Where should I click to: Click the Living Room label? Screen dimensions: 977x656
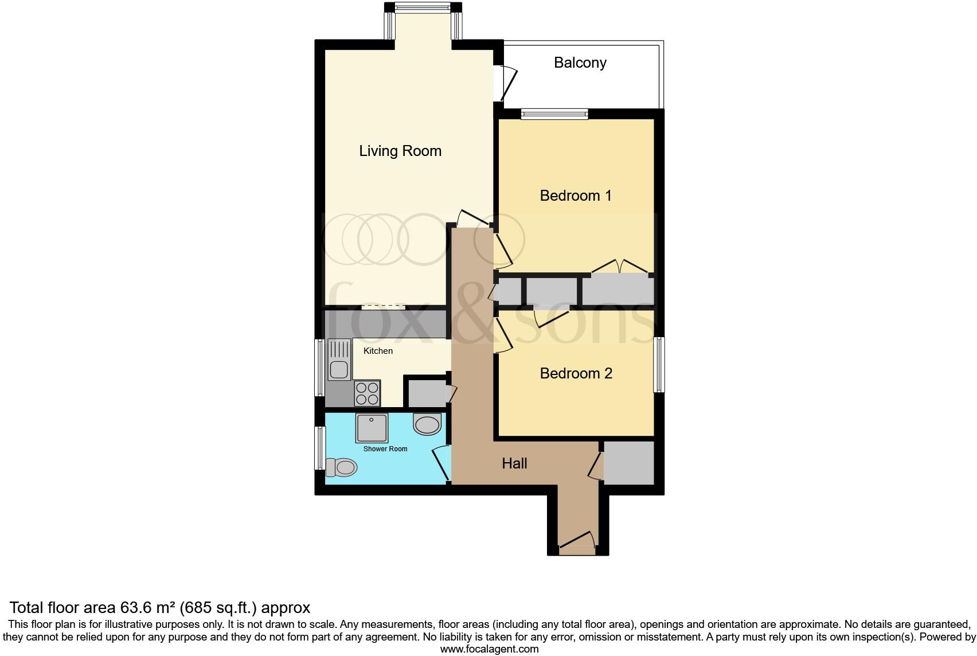[x=400, y=151]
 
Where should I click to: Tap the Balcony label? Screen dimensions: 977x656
[x=580, y=63]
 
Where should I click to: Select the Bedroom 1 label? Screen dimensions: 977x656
[x=576, y=196]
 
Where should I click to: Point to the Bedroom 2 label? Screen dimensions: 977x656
[x=576, y=373]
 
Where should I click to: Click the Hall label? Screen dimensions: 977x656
[x=514, y=463]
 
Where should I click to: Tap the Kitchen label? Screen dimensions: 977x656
[x=378, y=351]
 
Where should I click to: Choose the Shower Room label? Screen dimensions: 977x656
[x=385, y=449]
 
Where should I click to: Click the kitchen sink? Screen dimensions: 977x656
[x=339, y=360]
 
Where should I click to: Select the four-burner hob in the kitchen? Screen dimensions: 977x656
[x=368, y=393]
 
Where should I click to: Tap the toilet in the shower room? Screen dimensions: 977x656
[x=342, y=467]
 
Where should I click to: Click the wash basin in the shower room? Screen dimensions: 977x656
[x=427, y=424]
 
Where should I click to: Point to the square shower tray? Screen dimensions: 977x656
[x=372, y=428]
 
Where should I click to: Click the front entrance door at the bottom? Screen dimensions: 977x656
[x=577, y=543]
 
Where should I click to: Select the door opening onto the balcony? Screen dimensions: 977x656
[x=506, y=84]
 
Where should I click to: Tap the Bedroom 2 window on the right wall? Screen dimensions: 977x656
[x=659, y=365]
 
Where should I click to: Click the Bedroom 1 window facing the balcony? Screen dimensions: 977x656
[x=554, y=114]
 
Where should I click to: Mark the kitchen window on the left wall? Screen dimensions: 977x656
[x=320, y=368]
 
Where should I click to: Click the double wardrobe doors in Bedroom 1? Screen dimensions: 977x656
[x=619, y=267]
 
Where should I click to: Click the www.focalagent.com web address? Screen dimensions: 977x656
[x=490, y=649]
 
